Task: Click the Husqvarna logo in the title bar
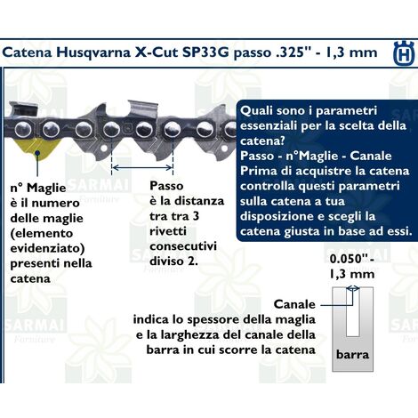(x=401, y=52)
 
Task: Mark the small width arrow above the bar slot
(x=353, y=289)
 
